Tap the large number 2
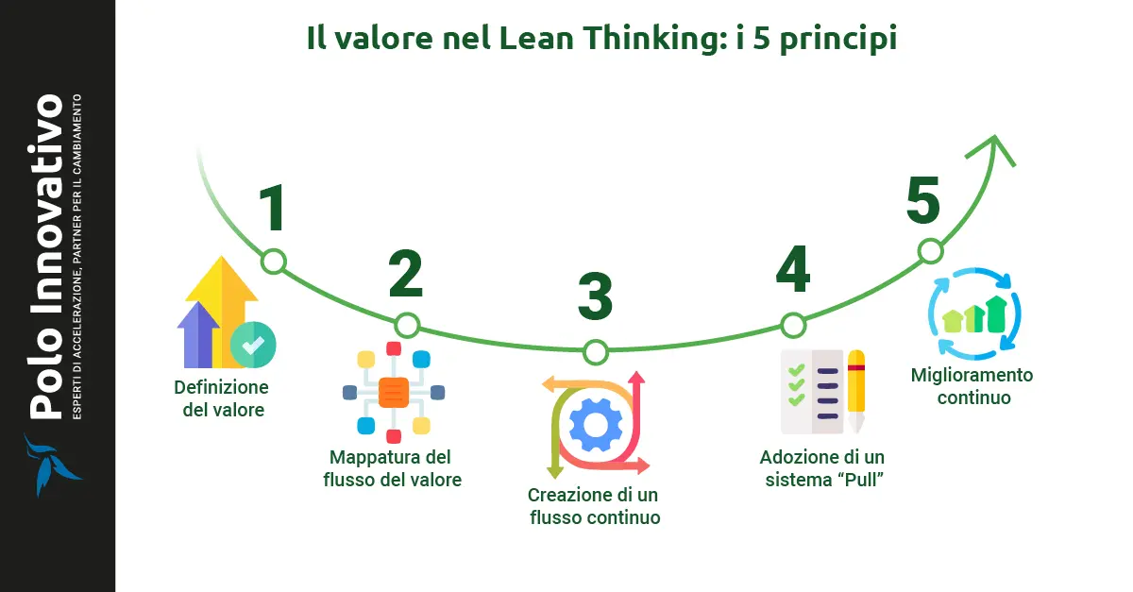pyautogui.click(x=405, y=274)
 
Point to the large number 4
pyautogui.click(x=793, y=271)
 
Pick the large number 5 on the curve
pyautogui.click(x=923, y=201)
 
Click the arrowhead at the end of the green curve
pyautogui.click(x=995, y=146)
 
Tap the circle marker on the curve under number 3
pyautogui.click(x=595, y=352)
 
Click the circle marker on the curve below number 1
pyautogui.click(x=273, y=262)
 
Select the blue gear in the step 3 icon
pyautogui.click(x=595, y=425)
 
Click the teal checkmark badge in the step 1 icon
pyautogui.click(x=252, y=346)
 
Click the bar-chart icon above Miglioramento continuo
pyautogui.click(x=975, y=314)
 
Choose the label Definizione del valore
pyautogui.click(x=221, y=399)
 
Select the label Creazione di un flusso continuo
pyautogui.click(x=594, y=506)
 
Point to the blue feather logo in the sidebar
pyautogui.click(x=48, y=465)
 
